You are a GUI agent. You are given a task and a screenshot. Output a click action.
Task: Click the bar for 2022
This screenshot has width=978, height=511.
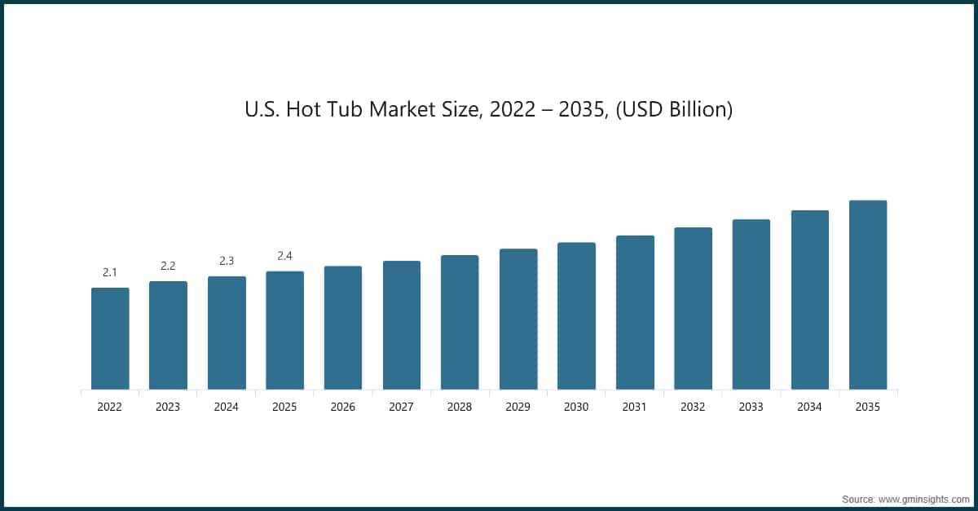point(110,338)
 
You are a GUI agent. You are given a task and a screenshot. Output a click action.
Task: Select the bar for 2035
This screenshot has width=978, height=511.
point(868,295)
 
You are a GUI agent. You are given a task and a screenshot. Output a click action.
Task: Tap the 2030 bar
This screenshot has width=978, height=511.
point(576,315)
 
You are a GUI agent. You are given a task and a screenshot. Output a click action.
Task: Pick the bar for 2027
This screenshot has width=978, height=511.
point(402,325)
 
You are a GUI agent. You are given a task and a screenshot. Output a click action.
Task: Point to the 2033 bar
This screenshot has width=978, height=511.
point(751,305)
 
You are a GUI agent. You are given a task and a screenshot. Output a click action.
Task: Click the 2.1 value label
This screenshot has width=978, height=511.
point(110,272)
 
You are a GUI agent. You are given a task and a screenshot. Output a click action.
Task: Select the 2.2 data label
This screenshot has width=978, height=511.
point(168,266)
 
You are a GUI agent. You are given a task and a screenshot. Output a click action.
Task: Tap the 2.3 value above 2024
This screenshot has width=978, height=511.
point(227,261)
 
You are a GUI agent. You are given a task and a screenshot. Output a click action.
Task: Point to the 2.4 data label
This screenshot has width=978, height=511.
point(284,256)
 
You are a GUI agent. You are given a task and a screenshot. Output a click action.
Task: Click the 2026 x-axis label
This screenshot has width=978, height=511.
point(343,407)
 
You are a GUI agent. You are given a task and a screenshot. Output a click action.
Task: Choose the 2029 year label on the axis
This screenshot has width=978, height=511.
point(518,407)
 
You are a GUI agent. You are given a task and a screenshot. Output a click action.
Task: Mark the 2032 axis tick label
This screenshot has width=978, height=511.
point(693,407)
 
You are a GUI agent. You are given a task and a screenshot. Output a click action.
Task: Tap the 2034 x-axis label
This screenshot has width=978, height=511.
point(809,407)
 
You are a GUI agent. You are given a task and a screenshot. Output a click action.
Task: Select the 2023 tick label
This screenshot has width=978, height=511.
point(168,407)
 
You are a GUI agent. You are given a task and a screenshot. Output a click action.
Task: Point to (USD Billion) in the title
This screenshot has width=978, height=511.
point(674,110)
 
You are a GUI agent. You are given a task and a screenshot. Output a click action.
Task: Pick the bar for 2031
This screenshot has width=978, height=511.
point(635,313)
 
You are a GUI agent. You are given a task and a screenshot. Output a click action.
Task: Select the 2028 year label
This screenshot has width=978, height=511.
point(460,407)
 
